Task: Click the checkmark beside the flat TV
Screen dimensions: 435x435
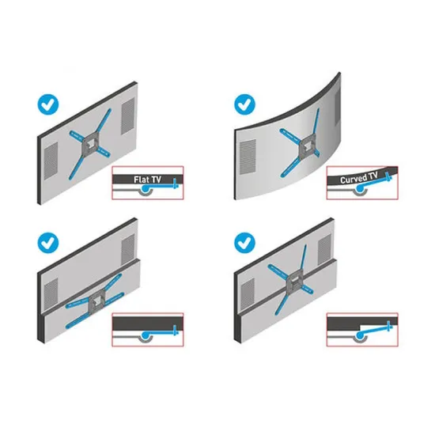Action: [x=48, y=104]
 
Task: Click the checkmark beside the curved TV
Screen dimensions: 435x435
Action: [x=244, y=104]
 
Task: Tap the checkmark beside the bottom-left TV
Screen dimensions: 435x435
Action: [x=48, y=243]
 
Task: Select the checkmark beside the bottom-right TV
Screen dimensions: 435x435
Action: [x=244, y=243]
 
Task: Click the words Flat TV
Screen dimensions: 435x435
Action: [x=147, y=180]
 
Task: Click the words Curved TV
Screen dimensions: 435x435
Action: [x=359, y=178]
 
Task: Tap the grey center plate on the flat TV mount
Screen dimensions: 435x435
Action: [x=90, y=145]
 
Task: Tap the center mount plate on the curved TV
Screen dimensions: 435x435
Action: [x=307, y=146]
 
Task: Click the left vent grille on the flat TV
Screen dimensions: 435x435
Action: [x=51, y=161]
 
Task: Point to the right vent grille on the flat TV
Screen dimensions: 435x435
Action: [x=127, y=116]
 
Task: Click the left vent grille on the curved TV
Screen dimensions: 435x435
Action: [x=248, y=157]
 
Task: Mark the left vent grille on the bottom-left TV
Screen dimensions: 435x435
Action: [x=51, y=295]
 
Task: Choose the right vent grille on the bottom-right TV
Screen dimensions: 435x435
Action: [x=324, y=249]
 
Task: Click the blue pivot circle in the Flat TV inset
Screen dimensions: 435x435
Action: [x=145, y=189]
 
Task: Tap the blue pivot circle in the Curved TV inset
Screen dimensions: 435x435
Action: [x=360, y=189]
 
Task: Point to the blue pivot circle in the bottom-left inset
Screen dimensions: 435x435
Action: [x=145, y=335]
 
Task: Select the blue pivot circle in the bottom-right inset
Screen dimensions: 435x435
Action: [x=360, y=336]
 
